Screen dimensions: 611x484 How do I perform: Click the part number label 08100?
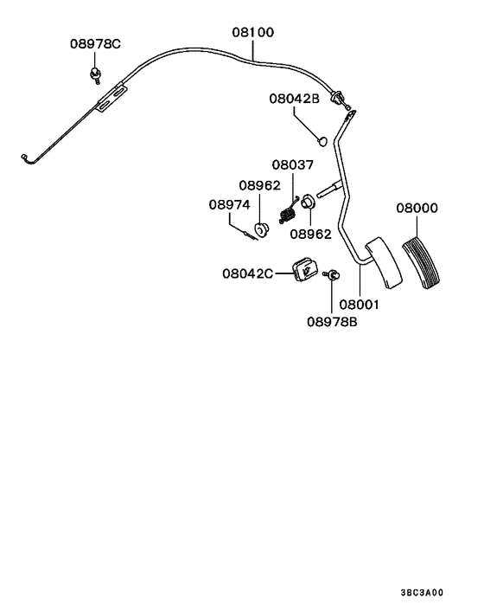pos(252,33)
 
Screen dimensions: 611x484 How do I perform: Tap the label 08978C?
pos(96,44)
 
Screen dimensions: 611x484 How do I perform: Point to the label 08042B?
pos(293,100)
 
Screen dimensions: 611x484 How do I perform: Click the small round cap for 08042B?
pos(321,138)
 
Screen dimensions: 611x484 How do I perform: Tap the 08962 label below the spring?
pos(309,234)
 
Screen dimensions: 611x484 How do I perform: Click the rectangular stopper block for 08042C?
pos(305,269)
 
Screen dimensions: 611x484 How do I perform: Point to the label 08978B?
pos(332,321)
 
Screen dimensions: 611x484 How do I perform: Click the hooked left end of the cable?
pos(25,157)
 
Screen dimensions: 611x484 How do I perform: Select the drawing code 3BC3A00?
pos(422,593)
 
